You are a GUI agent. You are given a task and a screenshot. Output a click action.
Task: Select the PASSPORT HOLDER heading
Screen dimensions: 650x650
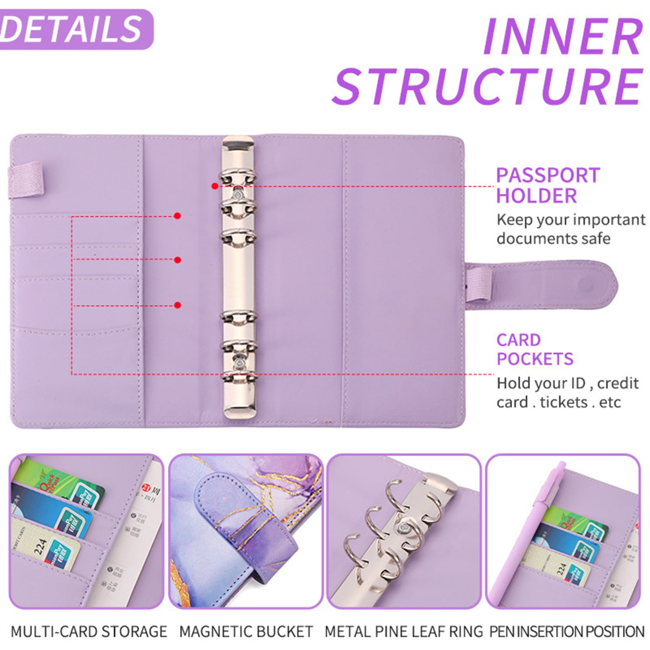click(x=548, y=185)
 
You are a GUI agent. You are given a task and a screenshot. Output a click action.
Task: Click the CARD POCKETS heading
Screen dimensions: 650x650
click(x=534, y=349)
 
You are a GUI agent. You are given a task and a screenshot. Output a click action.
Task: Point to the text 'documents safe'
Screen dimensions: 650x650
click(x=553, y=238)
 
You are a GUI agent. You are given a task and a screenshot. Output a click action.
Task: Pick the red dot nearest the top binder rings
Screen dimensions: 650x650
click(x=214, y=186)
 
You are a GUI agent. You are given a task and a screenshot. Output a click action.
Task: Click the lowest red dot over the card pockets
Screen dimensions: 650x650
click(x=177, y=305)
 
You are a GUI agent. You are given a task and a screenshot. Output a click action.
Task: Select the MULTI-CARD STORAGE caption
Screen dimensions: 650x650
click(x=89, y=632)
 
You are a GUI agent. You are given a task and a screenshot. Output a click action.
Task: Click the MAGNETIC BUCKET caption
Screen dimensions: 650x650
click(x=246, y=632)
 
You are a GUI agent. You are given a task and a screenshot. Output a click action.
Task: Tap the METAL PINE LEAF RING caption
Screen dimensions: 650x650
click(x=404, y=632)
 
